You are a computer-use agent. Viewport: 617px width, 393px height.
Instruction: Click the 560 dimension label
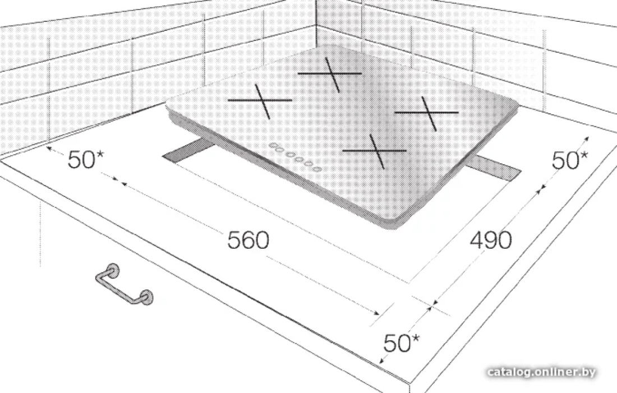[x=248, y=240]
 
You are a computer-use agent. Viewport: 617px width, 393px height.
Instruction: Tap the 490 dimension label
[x=491, y=239]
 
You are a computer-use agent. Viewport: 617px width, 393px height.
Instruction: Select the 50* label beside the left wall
[x=86, y=159]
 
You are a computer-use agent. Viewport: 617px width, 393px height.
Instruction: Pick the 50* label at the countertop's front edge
[x=402, y=343]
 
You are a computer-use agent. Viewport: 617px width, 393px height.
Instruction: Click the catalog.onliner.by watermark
[x=541, y=372]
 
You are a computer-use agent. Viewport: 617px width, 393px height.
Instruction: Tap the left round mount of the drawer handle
[x=114, y=270]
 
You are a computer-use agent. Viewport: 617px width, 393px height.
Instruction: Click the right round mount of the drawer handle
[x=146, y=297]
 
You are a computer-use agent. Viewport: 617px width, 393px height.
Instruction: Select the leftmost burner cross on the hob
[x=260, y=101]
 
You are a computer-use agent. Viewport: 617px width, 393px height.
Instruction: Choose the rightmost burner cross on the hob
[x=427, y=113]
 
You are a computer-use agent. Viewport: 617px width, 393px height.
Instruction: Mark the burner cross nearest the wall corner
[x=330, y=73]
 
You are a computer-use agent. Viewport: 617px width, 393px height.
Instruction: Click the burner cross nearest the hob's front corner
[x=375, y=151]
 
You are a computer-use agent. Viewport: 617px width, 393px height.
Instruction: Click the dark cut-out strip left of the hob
[x=188, y=151]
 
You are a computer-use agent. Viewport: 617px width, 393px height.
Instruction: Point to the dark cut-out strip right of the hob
[x=494, y=167]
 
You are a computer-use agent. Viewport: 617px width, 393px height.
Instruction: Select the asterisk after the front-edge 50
[x=415, y=338]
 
